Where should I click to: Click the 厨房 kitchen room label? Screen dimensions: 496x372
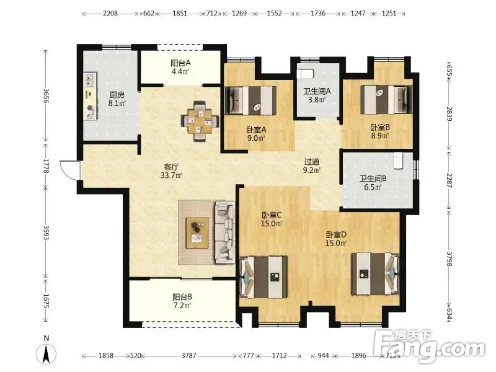click(x=117, y=95)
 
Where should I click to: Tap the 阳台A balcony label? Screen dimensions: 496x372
click(x=180, y=63)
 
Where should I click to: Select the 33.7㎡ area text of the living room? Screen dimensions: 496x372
click(x=171, y=175)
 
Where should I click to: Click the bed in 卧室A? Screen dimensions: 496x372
click(x=250, y=100)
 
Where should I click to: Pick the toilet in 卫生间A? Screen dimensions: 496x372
click(x=305, y=73)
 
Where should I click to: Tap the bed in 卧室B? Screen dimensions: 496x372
click(x=386, y=99)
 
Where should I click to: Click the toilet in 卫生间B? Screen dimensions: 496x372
click(x=398, y=161)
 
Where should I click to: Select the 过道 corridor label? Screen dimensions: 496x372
click(x=312, y=162)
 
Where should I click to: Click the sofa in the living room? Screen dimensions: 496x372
click(x=225, y=232)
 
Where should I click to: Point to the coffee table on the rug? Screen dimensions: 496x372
click(x=197, y=233)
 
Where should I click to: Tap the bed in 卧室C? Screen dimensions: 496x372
click(x=264, y=277)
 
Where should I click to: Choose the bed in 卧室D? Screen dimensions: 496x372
click(x=376, y=273)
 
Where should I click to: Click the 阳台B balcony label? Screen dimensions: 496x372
click(x=182, y=297)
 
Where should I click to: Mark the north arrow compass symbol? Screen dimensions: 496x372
click(x=46, y=352)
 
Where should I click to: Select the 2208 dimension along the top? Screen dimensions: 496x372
click(x=110, y=13)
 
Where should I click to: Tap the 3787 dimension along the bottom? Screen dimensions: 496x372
click(x=188, y=355)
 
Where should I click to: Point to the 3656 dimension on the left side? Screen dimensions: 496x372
click(x=46, y=95)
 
